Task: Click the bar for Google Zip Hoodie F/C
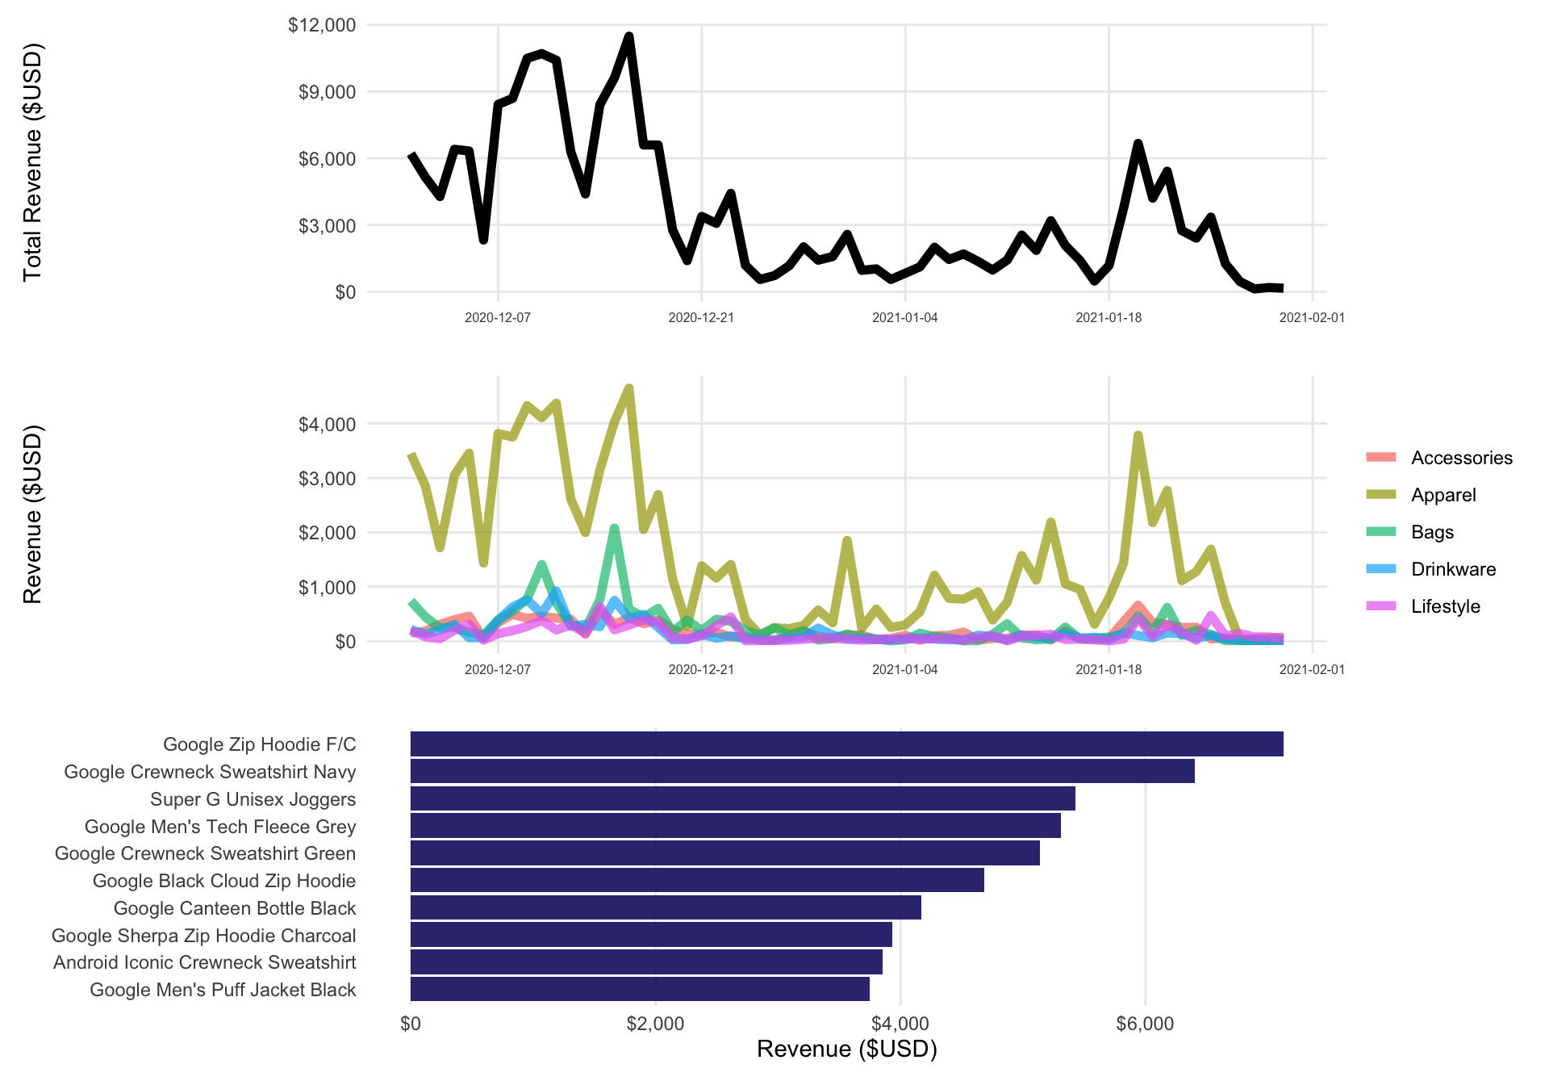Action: (846, 744)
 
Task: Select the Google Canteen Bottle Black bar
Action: (666, 908)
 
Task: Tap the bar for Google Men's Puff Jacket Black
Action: (640, 990)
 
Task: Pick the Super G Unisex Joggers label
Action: (253, 799)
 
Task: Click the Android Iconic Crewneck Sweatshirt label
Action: (204, 962)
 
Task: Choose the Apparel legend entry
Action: (1443, 495)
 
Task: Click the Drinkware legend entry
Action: (1452, 569)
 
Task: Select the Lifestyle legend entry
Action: (1445, 606)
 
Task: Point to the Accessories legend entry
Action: (1461, 458)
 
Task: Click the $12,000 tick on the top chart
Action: (322, 25)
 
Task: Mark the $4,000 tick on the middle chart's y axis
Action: (327, 425)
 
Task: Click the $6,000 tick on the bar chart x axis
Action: (1145, 1024)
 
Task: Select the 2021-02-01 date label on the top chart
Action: (1312, 318)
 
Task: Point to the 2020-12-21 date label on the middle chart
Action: (701, 669)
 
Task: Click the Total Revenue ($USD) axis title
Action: (32, 161)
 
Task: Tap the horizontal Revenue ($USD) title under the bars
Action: (846, 1049)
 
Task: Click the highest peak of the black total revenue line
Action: (629, 36)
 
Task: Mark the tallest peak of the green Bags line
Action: (615, 528)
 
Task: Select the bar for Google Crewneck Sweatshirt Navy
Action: (802, 772)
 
